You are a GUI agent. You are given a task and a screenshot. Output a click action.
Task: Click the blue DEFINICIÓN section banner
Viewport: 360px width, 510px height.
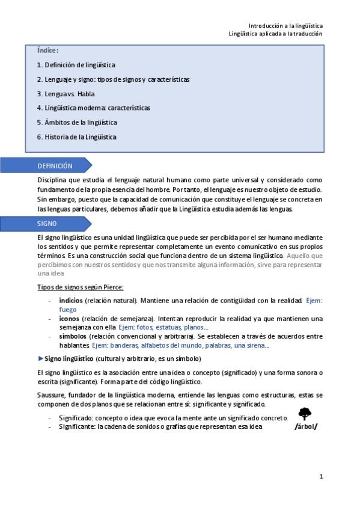(x=55, y=166)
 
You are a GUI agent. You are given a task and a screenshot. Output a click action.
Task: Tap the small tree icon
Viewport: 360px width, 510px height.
(x=305, y=414)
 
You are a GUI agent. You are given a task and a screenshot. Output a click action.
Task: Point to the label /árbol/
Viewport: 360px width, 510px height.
(x=305, y=427)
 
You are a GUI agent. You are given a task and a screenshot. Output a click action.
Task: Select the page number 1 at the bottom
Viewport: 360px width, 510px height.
(x=322, y=476)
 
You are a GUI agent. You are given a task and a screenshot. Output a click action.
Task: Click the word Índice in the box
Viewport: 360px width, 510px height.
(x=47, y=51)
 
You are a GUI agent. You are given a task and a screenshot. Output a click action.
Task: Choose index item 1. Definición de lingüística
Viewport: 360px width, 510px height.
(x=76, y=65)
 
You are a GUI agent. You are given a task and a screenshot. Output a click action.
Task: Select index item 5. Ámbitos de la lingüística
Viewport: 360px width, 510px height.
(x=76, y=122)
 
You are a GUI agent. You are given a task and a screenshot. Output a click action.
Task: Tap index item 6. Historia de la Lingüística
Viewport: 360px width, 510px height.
(x=76, y=137)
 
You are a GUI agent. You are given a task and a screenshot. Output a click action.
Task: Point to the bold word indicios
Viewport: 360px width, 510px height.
(x=71, y=300)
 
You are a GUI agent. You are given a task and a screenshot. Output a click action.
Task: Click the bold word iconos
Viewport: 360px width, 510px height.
(x=70, y=318)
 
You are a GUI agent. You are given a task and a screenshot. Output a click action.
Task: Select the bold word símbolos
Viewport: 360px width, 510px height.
(x=73, y=336)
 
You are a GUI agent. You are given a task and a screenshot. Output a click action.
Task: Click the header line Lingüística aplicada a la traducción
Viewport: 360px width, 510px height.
(x=276, y=34)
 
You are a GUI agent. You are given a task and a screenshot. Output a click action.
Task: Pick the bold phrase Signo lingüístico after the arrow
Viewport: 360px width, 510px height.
(x=69, y=358)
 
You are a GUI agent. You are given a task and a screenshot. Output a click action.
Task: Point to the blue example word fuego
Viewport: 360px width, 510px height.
(x=68, y=309)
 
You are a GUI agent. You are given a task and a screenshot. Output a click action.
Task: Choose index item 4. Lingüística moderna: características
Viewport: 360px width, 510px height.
(x=93, y=108)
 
